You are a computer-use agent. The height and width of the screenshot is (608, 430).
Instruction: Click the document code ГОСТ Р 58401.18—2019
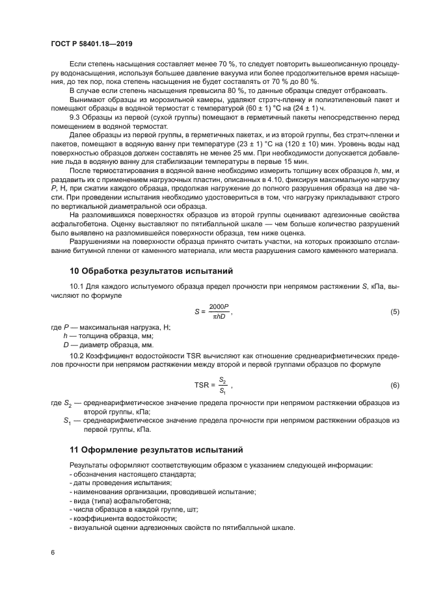92,44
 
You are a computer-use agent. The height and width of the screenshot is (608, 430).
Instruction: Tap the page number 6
52,552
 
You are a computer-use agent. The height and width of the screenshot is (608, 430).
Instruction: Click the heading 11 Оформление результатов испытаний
155,449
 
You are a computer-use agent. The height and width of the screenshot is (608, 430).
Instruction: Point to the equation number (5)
394,311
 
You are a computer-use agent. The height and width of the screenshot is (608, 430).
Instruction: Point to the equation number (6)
394,385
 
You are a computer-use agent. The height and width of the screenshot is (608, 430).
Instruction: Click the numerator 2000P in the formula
219,306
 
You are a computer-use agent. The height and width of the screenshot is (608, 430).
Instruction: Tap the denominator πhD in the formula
219,317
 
